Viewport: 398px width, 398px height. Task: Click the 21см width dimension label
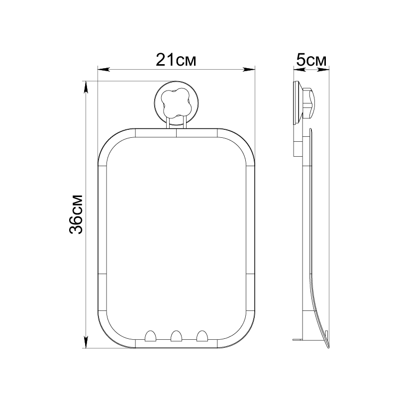pyautogui.click(x=176, y=60)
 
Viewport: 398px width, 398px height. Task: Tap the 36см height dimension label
pyautogui.click(x=76, y=214)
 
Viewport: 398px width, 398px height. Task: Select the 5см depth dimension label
pyautogui.click(x=311, y=60)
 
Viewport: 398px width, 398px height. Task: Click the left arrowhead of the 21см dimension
pyautogui.click(x=104, y=69)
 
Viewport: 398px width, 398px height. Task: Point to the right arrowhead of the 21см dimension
pyautogui.click(x=249, y=69)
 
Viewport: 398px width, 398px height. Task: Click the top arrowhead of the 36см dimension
pyautogui.click(x=86, y=88)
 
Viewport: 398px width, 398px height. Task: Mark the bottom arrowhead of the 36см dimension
pyautogui.click(x=86, y=342)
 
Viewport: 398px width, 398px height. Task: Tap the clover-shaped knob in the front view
pyautogui.click(x=177, y=103)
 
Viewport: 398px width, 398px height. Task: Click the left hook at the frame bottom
pyautogui.click(x=150, y=335)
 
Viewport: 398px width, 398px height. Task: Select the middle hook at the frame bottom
pyautogui.click(x=176, y=335)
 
